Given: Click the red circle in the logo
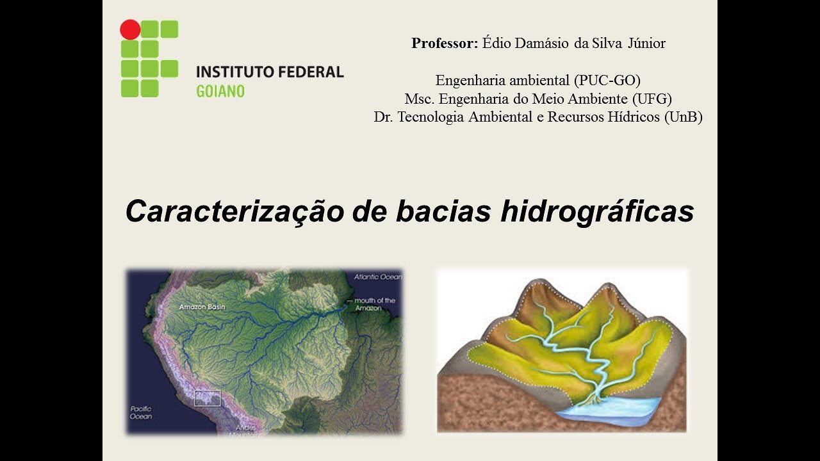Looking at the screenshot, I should [130, 29].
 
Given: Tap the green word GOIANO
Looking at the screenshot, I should [220, 91].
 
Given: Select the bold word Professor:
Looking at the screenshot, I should [445, 44].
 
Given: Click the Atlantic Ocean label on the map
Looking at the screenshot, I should [378, 277].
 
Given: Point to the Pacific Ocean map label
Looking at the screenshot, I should [141, 412].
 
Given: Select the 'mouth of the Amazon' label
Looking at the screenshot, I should [376, 303].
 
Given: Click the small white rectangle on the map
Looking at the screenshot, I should [208, 398].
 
